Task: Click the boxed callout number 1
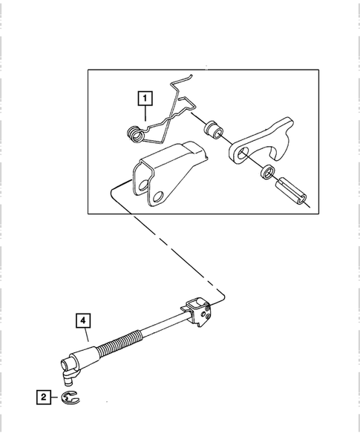point(145,98)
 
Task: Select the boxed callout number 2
point(44,397)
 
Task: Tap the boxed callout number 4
point(83,321)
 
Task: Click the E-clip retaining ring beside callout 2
point(71,397)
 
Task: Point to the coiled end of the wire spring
point(135,134)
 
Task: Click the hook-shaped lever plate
point(262,142)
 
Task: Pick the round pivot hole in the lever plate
point(243,153)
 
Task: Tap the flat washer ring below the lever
point(267,171)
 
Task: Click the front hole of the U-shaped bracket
point(157,196)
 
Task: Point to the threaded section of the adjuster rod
point(120,346)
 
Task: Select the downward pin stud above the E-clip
point(68,379)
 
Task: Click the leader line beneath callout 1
point(145,113)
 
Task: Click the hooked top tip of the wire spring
point(191,76)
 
